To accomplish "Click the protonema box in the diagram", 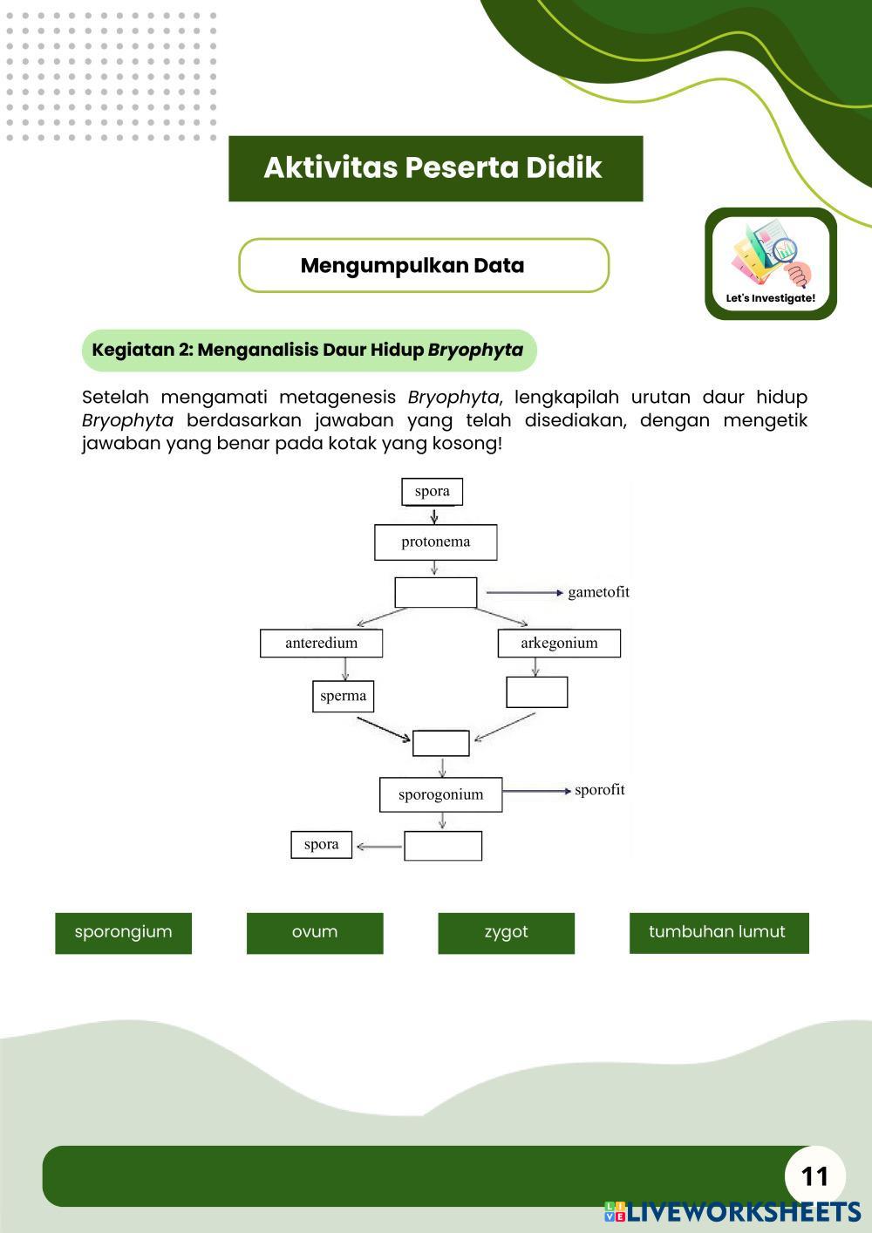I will pos(435,542).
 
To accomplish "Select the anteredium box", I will pos(321,644).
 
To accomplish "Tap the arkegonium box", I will pos(559,644).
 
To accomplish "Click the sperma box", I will pos(343,696).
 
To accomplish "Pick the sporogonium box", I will pos(440,794).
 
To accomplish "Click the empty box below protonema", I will pos(435,592).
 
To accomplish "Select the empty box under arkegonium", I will pos(536,692).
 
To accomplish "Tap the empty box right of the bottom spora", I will pos(443,846).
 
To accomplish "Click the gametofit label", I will pos(598,592).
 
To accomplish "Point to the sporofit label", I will pos(599,790).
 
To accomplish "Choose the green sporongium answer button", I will pos(123,932).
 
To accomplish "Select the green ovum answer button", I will pos(315,932).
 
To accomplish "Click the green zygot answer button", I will pos(506,932).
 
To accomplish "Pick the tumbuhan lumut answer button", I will pos(719,932).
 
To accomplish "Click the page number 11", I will pos(814,1176).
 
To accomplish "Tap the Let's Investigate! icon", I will pos(770,263).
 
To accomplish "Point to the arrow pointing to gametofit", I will pos(524,593).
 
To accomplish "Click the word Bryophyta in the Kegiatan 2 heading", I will pos(475,351).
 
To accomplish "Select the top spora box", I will pos(432,491).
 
